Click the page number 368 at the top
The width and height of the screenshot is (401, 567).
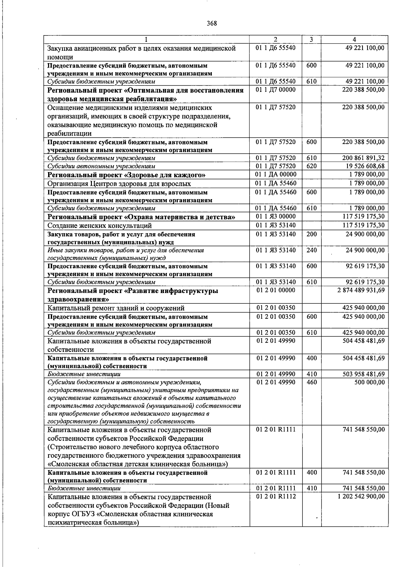[x=212, y=23]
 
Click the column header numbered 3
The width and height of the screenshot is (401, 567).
[x=311, y=39]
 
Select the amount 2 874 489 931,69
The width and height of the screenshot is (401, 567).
[x=361, y=290]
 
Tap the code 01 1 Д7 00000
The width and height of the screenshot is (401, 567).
[x=275, y=90]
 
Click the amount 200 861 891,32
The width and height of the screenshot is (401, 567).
[x=363, y=158]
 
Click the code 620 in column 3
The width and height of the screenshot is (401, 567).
[x=311, y=166]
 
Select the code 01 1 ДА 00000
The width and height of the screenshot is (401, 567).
[x=276, y=174]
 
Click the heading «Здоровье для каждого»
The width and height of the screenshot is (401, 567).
[x=126, y=175]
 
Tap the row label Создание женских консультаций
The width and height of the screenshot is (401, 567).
[x=100, y=226]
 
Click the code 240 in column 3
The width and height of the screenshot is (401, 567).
[x=311, y=250]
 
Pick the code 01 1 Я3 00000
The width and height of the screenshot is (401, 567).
[x=275, y=217]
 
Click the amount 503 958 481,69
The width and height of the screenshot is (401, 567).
[x=363, y=374]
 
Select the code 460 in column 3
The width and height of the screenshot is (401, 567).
[x=311, y=382]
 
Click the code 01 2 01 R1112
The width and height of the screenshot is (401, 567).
[x=276, y=497]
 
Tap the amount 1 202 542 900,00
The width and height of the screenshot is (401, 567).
[x=361, y=497]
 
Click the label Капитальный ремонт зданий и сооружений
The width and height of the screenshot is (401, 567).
[x=116, y=308]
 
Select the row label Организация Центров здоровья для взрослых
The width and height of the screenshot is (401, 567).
[x=119, y=183]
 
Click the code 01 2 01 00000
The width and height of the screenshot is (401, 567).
[x=275, y=290]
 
